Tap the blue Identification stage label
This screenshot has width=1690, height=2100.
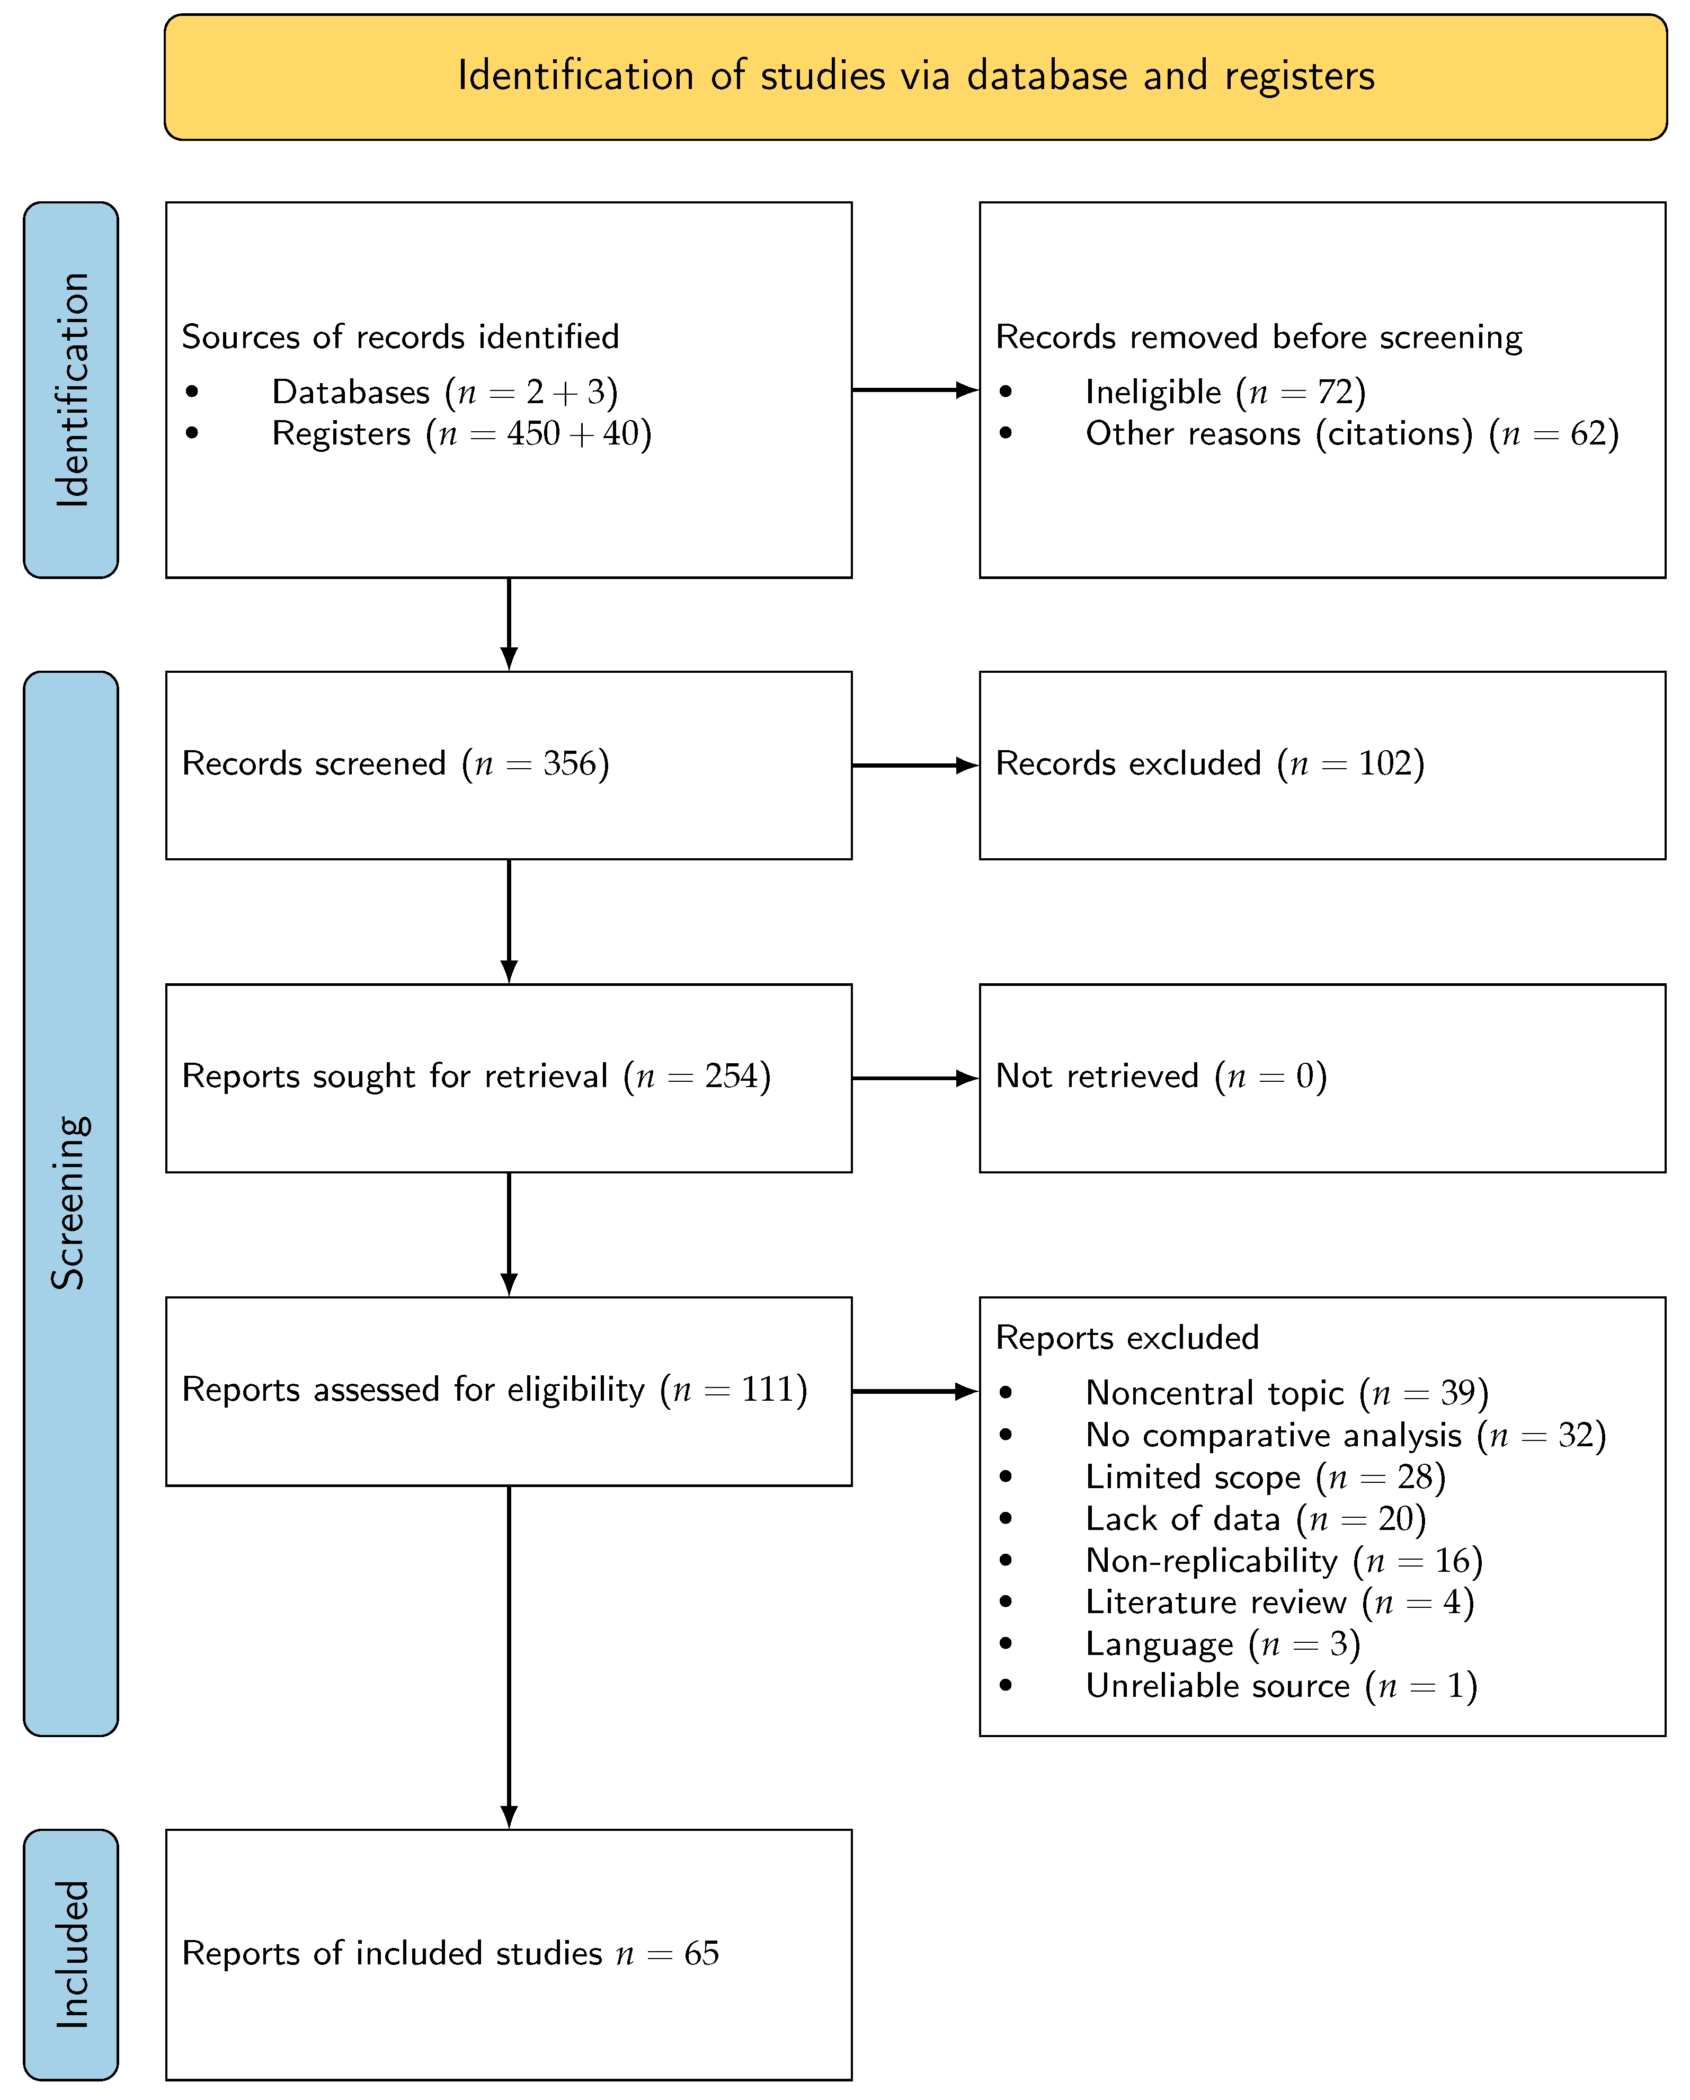[x=71, y=389]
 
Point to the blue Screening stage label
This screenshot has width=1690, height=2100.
[x=71, y=1203]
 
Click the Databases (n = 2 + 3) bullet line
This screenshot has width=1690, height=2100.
[x=444, y=391]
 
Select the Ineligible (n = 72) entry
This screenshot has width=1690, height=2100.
[x=1224, y=391]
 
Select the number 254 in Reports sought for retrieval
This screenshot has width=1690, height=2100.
[x=731, y=1076]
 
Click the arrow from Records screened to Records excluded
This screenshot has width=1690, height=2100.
[x=914, y=766]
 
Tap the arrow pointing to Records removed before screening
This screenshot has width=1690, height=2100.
[x=914, y=389]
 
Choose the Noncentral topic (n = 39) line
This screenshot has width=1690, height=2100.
[x=1286, y=1393]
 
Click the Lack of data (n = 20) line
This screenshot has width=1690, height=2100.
[x=1255, y=1518]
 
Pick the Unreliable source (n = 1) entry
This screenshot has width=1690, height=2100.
[x=1281, y=1686]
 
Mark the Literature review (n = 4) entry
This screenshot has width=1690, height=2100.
[x=1279, y=1602]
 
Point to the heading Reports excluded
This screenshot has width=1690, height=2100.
[x=1127, y=1337]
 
